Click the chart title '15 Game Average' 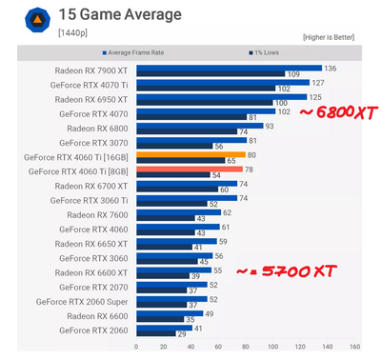[x=108, y=16]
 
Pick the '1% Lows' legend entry [x=268, y=52]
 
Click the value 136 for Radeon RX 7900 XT [x=331, y=68]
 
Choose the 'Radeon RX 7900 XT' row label [x=93, y=70]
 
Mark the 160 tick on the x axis [x=355, y=347]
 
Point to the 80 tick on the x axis [x=246, y=347]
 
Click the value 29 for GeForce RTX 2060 [x=182, y=333]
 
